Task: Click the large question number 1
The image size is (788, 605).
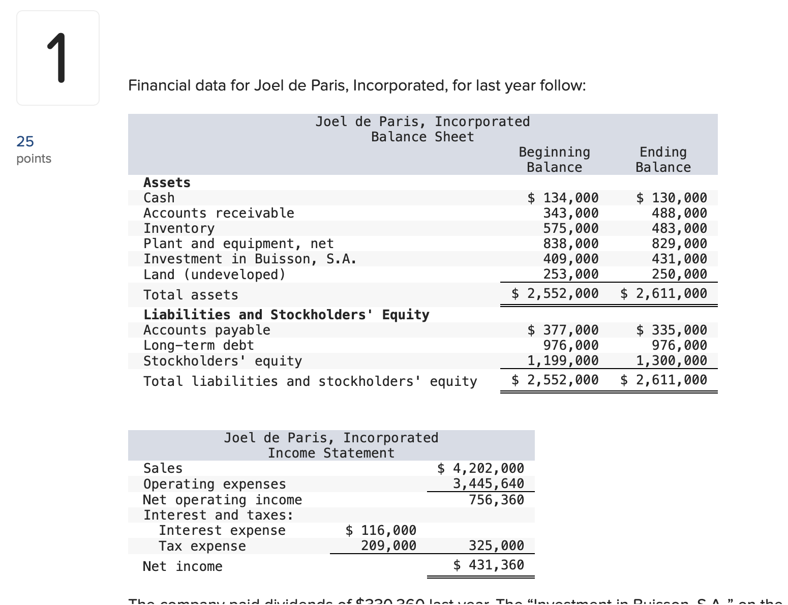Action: [x=57, y=57]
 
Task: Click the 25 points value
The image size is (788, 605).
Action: [x=25, y=141]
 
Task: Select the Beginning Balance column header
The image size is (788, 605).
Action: [x=554, y=160]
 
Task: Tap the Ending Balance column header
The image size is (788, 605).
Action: [x=663, y=160]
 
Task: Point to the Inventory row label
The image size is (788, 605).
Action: [x=179, y=228]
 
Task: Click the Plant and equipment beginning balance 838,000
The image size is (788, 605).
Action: [x=571, y=244]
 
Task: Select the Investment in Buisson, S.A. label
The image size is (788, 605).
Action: [x=250, y=259]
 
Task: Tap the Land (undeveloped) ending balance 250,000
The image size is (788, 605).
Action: [x=679, y=274]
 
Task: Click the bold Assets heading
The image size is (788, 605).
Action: [x=167, y=183]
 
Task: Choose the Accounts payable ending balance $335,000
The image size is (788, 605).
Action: [x=672, y=330]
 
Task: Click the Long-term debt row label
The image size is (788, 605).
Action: [x=198, y=345]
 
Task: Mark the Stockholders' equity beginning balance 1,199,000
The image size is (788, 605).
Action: [x=563, y=360]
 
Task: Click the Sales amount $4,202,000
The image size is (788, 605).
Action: [x=480, y=468]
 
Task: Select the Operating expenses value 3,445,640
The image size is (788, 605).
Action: [x=488, y=483]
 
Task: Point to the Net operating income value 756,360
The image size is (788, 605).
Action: [x=496, y=500]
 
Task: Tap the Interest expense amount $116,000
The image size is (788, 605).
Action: [x=381, y=530]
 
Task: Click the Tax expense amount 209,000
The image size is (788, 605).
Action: [x=388, y=546]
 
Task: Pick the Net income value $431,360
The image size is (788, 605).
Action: [x=489, y=565]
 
